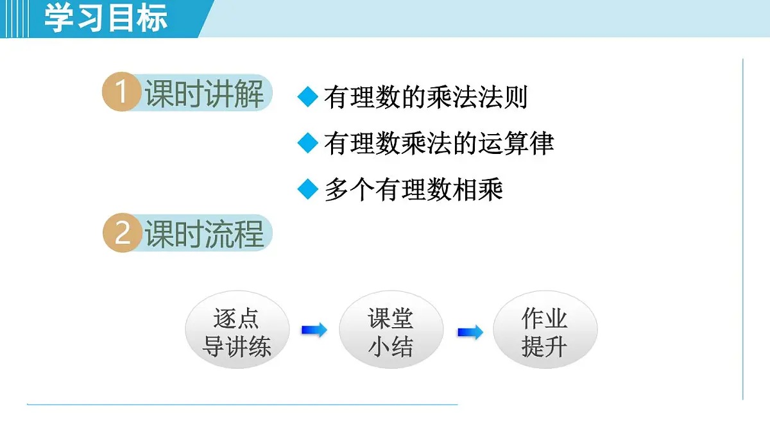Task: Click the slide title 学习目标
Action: [x=106, y=18]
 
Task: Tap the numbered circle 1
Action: [x=121, y=93]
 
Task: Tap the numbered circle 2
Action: [x=122, y=233]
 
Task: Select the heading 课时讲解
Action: [x=204, y=94]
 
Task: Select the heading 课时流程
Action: [x=204, y=234]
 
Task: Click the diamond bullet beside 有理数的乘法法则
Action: [x=309, y=97]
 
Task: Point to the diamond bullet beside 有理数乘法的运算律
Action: [x=309, y=143]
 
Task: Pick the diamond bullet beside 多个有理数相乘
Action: [x=309, y=189]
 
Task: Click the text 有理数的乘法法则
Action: [x=426, y=97]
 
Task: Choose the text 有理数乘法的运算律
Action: [x=439, y=143]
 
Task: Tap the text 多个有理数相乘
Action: [x=414, y=190]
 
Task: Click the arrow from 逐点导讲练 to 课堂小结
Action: [x=314, y=330]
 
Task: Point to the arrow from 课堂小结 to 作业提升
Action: [x=470, y=332]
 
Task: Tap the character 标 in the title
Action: [x=152, y=18]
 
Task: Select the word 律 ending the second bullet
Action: [x=542, y=143]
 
